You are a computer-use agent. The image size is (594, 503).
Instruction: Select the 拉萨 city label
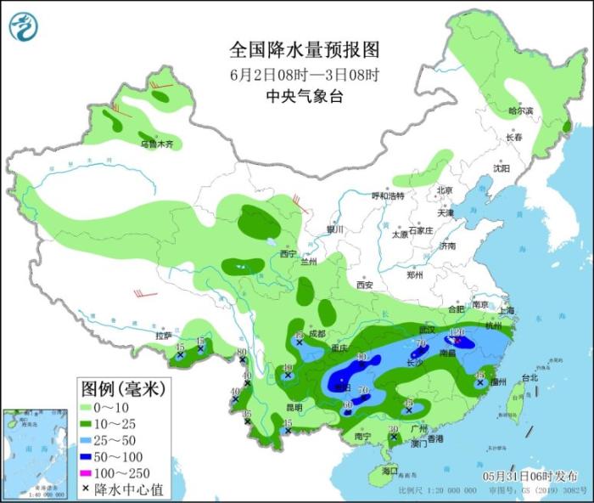(x=164, y=336)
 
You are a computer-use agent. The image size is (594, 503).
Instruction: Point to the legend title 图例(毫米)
(x=122, y=389)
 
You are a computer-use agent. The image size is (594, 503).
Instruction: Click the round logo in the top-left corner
(x=24, y=25)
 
